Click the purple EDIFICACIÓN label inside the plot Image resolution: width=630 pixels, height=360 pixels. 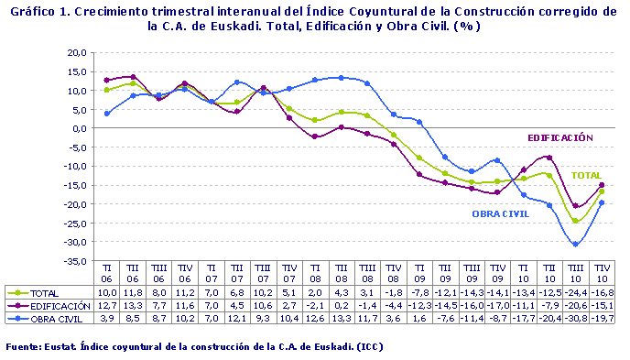pos(559,137)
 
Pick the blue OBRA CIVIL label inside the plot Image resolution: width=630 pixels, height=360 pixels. pos(502,213)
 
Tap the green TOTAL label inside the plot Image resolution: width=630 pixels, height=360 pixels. pos(586,175)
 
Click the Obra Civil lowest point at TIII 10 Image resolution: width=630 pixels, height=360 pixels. pos(575,245)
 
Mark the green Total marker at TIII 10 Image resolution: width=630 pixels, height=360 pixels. pos(575,221)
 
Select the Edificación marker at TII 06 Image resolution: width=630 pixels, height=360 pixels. pos(134,77)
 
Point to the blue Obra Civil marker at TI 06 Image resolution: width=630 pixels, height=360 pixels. pos(107,114)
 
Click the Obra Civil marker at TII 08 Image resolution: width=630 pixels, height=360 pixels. pos(341,78)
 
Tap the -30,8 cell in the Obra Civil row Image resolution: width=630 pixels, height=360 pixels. pos(575,318)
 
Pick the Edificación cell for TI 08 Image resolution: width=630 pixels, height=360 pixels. pos(314,306)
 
